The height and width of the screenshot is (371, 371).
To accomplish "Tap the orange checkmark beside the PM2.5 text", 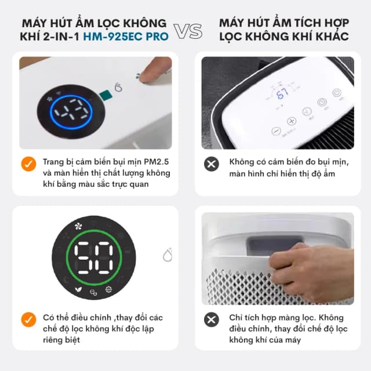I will point(28,163).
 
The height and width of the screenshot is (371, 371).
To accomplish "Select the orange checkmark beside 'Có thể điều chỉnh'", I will point(28,319).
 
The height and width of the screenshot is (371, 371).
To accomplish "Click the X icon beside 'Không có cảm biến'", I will point(212,163).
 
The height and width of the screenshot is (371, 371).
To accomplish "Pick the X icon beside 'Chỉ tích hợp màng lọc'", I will point(212,319).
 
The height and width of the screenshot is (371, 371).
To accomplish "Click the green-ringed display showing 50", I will point(93,257).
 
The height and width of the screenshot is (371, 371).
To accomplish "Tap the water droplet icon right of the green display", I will point(168,255).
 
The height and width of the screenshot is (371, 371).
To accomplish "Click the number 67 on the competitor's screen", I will point(282,94).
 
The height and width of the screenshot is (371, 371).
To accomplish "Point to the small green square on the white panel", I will point(105,94).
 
